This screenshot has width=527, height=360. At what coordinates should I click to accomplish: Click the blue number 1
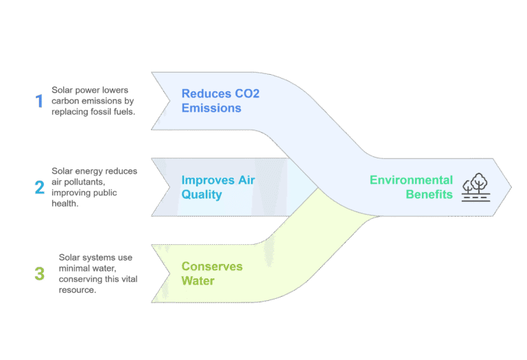(x=39, y=101)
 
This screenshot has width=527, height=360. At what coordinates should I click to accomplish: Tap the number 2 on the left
(x=40, y=187)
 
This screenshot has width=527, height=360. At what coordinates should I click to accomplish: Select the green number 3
(x=39, y=274)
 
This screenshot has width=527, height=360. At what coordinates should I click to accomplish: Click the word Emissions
(x=211, y=108)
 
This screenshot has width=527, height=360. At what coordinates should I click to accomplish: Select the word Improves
(x=207, y=180)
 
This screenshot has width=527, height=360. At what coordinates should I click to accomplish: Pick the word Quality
(x=202, y=195)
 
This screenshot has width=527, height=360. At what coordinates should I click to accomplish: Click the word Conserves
(x=211, y=266)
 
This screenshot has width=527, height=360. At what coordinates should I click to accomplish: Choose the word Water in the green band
(x=198, y=281)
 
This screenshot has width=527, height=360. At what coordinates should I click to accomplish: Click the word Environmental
(x=411, y=180)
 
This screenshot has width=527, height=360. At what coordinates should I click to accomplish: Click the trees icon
(x=475, y=187)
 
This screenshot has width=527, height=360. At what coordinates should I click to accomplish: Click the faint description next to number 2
(x=95, y=187)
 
